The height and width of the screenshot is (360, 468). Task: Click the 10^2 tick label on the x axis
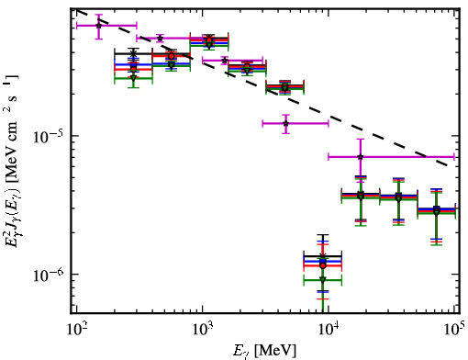[x=76, y=331]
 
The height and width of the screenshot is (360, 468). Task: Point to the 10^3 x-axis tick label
[x=202, y=331]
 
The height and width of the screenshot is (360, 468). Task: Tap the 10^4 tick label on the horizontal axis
[x=329, y=331]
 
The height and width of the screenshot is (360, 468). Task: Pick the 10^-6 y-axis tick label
[x=47, y=276]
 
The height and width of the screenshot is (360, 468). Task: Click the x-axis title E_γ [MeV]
[x=264, y=351]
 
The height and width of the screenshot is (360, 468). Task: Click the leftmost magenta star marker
[x=98, y=26]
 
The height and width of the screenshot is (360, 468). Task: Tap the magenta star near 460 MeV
[x=160, y=39]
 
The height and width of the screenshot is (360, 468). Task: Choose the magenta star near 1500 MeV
[x=225, y=61]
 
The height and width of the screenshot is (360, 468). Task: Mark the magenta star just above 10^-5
[x=285, y=124]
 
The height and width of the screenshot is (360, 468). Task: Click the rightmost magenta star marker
[x=361, y=157]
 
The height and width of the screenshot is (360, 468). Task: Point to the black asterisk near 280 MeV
[x=133, y=53]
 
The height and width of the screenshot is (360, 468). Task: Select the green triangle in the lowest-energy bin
[x=133, y=78]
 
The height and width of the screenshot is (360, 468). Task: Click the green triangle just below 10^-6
[x=323, y=279]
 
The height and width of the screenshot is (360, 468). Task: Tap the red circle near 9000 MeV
[x=323, y=265]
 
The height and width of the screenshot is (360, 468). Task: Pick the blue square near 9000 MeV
[x=323, y=261]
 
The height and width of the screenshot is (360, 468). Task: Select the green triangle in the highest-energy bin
[x=437, y=212]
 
